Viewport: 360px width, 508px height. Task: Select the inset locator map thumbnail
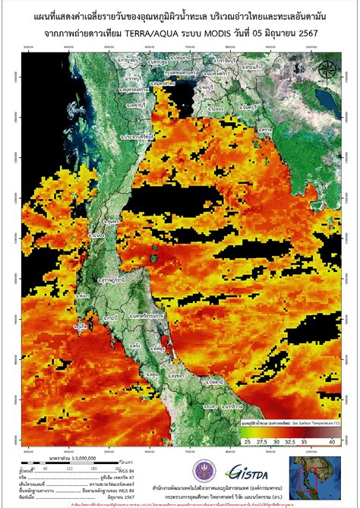click(314, 475)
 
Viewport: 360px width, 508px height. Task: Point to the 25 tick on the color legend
click(247, 441)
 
